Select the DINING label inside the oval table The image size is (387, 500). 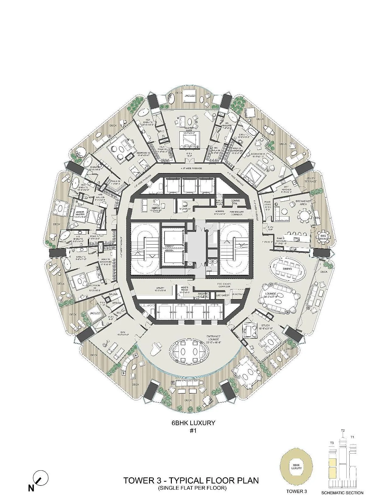[287, 268]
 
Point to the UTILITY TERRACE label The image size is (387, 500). [311, 180]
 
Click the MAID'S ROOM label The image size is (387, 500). [185, 288]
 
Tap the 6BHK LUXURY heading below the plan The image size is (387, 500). [193, 423]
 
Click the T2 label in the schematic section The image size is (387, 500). [343, 430]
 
